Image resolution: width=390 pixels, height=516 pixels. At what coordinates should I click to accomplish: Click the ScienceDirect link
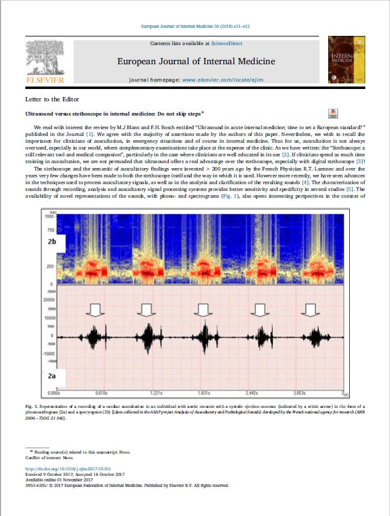pyautogui.click(x=226, y=43)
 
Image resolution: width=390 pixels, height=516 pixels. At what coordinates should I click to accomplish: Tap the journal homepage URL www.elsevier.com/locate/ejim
pyautogui.click(x=221, y=80)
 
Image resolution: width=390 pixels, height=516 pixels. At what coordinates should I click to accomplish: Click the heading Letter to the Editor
pyautogui.click(x=52, y=99)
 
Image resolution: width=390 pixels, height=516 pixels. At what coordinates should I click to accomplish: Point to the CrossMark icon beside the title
pyautogui.click(x=333, y=113)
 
